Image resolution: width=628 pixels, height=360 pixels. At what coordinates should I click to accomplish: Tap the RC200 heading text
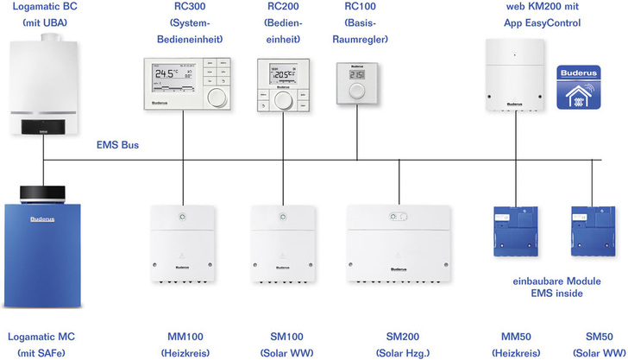tap(283, 7)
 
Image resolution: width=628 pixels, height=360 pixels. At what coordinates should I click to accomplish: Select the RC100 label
tap(360, 7)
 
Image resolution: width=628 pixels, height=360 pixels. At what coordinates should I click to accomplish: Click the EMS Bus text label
tap(118, 145)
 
